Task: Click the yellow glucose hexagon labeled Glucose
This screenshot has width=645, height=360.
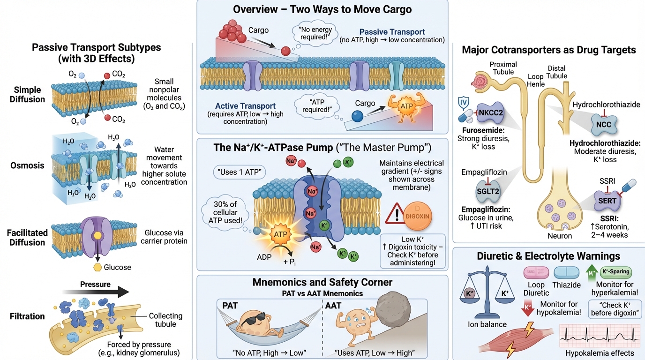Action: [98, 267]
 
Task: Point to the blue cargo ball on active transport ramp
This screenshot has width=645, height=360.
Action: [357, 116]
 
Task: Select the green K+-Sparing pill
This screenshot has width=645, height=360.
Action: [615, 271]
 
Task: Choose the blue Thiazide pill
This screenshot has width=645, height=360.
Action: [566, 272]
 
